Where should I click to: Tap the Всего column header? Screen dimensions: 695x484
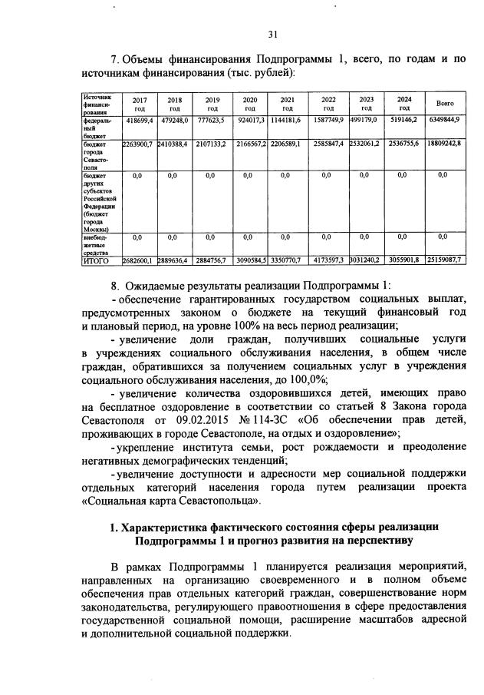click(445, 103)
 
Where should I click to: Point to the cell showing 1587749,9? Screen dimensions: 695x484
click(328, 121)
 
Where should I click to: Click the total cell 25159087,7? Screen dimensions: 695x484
click(445, 261)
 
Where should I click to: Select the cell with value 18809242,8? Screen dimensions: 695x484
click(445, 144)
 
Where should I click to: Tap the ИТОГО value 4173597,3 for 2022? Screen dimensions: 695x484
click(328, 261)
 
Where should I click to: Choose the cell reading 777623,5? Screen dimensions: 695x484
click(212, 121)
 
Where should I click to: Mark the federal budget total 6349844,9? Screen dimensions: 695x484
click(445, 121)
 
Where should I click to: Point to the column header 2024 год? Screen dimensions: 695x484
click(404, 104)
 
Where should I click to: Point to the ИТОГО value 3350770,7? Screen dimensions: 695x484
click(287, 261)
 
